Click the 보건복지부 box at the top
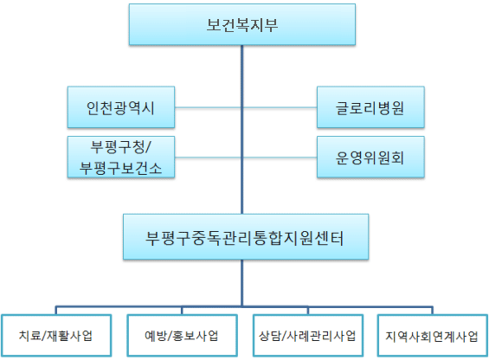(242, 24)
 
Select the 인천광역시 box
(121, 109)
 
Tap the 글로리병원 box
(370, 109)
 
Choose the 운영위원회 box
(370, 157)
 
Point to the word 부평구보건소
(121, 166)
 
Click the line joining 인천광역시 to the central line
(208, 109)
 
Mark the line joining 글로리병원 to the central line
(280, 109)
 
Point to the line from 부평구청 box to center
(208, 157)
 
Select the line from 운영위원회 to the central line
(280, 157)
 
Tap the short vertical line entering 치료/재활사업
(58, 311)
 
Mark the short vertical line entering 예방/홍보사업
(181, 311)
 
